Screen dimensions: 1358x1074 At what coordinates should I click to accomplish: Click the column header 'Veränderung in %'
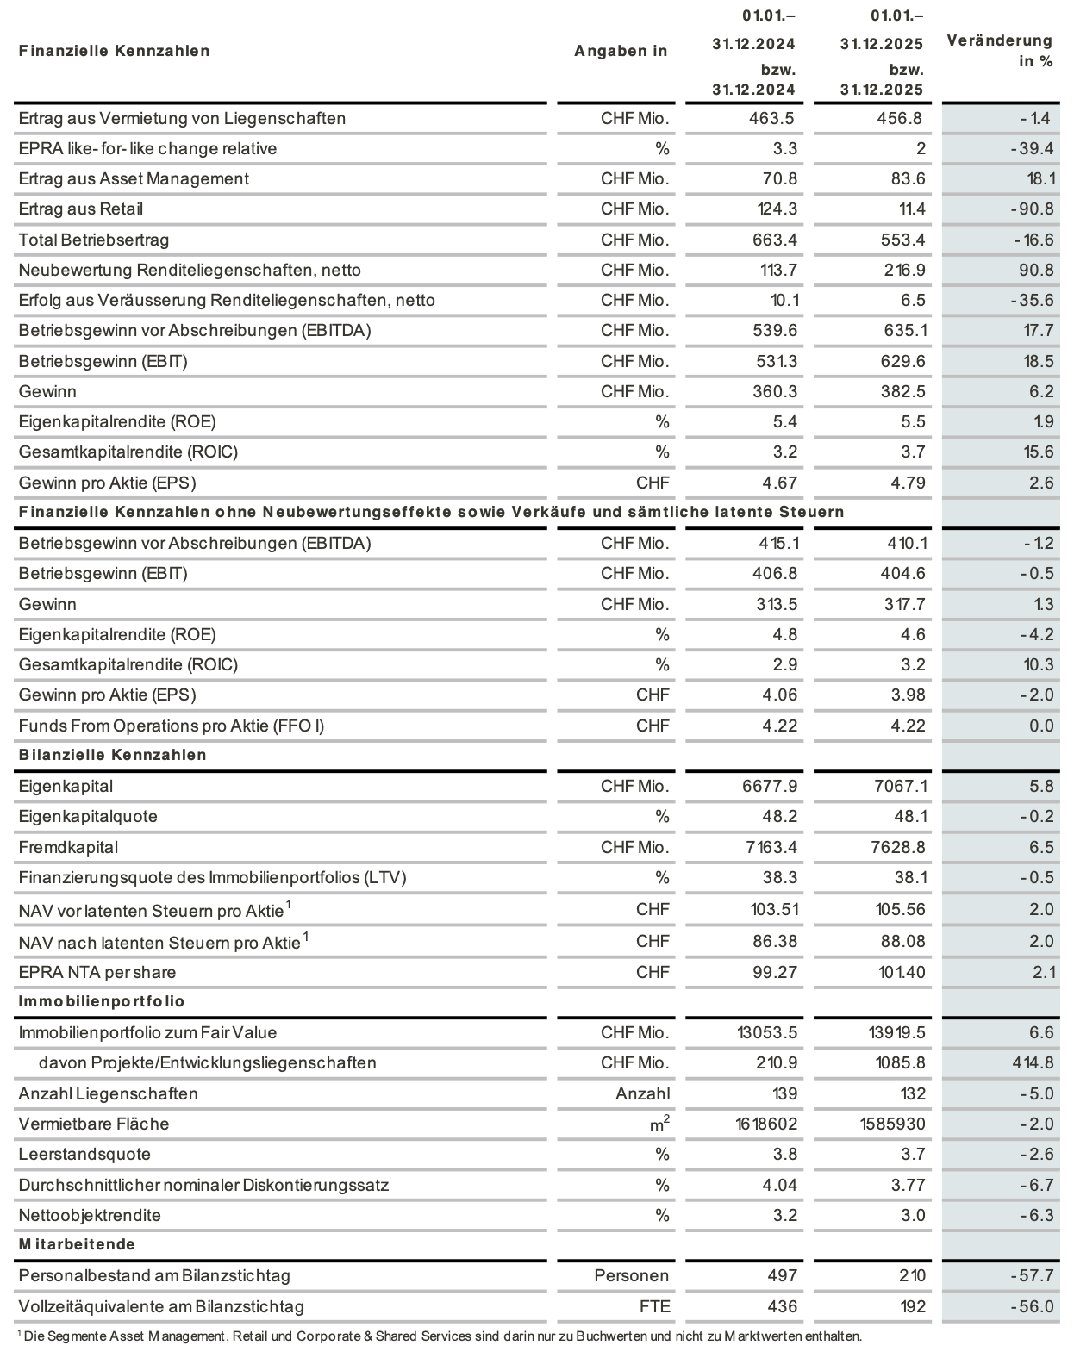(x=1000, y=51)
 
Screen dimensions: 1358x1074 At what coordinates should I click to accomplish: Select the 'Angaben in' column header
(x=621, y=51)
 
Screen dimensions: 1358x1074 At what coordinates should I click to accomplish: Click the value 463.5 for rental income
(x=772, y=118)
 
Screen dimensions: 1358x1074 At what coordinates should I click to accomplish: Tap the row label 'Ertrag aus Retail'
(x=81, y=209)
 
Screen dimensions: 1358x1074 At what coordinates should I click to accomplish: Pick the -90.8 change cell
(x=1031, y=209)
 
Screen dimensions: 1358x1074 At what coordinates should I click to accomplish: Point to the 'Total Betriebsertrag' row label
(x=94, y=240)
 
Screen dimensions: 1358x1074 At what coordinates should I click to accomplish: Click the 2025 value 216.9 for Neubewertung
(x=902, y=270)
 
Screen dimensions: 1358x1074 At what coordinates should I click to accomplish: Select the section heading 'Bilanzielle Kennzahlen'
(x=113, y=755)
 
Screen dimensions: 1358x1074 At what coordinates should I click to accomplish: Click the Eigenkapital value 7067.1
(x=899, y=786)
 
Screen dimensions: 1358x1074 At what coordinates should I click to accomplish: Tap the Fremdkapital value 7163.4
(x=771, y=847)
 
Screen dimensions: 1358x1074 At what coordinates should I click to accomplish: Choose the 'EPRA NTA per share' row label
(x=97, y=972)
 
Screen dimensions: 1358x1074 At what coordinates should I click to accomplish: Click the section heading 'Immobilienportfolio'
(x=102, y=1001)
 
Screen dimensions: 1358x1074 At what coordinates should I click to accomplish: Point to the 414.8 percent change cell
(x=1033, y=1062)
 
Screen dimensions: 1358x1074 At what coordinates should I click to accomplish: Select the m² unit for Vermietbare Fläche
(x=659, y=1124)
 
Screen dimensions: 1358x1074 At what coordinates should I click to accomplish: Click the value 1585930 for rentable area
(x=892, y=1124)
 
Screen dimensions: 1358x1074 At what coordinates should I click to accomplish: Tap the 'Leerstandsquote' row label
(x=84, y=1154)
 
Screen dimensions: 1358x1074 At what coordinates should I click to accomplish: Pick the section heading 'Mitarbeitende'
(x=78, y=1244)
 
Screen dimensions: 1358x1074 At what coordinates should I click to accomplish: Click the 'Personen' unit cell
(x=632, y=1275)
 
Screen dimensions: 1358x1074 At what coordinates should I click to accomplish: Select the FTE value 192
(x=913, y=1306)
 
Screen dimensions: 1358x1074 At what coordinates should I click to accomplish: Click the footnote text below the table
(x=440, y=1336)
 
